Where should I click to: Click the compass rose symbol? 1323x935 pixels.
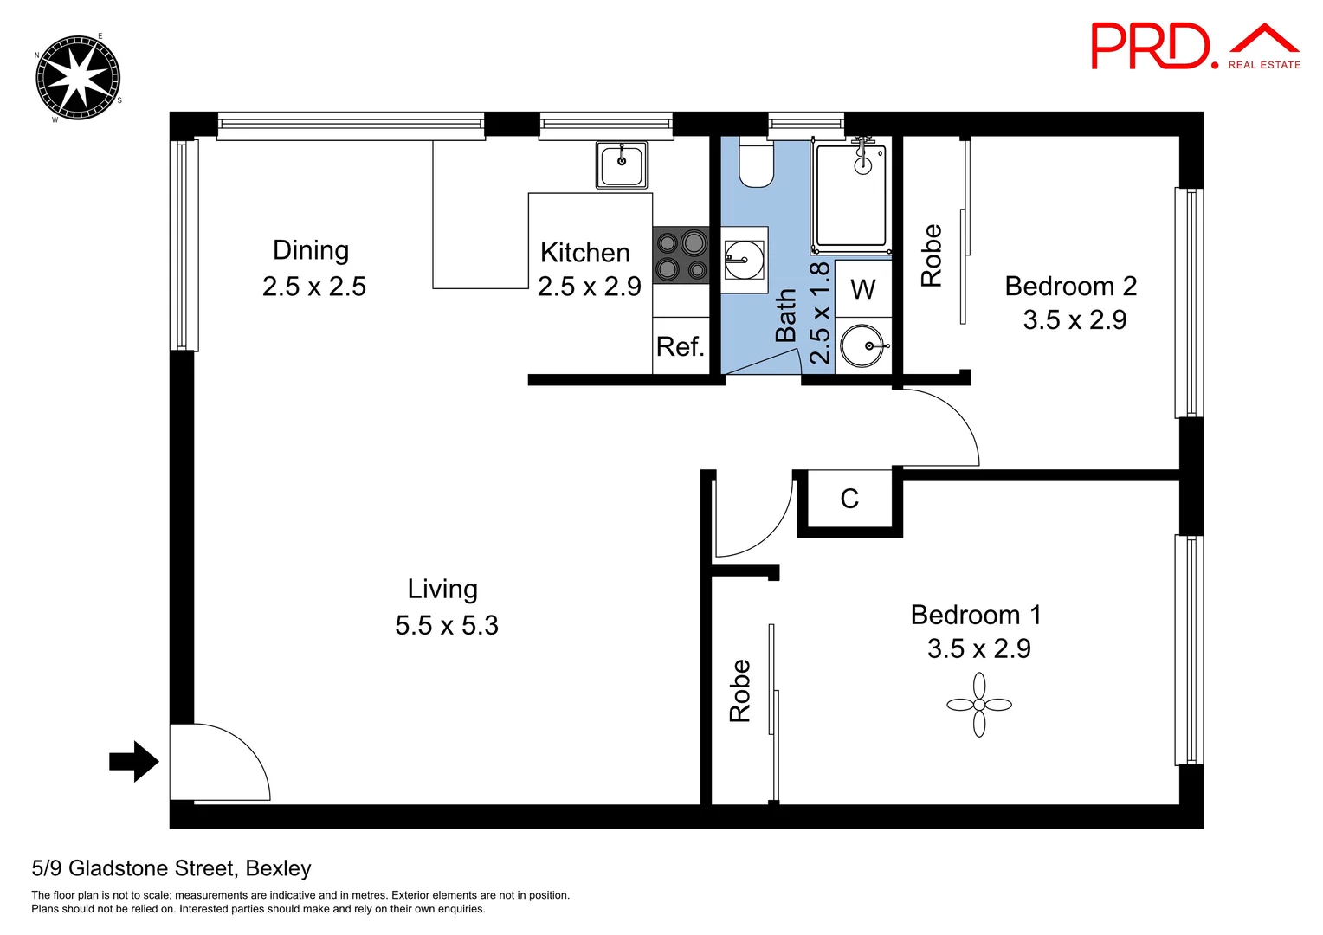click(x=78, y=78)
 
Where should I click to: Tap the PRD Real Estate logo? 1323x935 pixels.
click(x=1195, y=48)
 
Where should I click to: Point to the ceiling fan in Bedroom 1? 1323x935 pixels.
click(x=979, y=705)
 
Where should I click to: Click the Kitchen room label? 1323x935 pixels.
click(x=585, y=253)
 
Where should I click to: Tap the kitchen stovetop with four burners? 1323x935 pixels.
click(x=681, y=255)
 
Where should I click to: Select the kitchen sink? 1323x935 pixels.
click(x=622, y=165)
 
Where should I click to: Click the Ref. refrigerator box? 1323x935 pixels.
click(x=681, y=346)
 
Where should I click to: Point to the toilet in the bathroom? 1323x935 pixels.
click(x=756, y=164)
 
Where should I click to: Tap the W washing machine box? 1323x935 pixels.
click(x=863, y=289)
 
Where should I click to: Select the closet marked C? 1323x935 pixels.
click(x=849, y=499)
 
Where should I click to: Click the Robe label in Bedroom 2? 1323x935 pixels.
click(x=932, y=255)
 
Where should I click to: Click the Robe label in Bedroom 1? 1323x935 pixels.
click(x=740, y=691)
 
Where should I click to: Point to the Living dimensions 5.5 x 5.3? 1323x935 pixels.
click(x=447, y=625)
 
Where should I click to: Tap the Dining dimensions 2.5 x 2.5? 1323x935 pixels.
click(x=314, y=287)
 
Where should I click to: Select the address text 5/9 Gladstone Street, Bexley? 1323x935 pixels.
click(x=171, y=868)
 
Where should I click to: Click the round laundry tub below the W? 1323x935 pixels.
click(x=863, y=346)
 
